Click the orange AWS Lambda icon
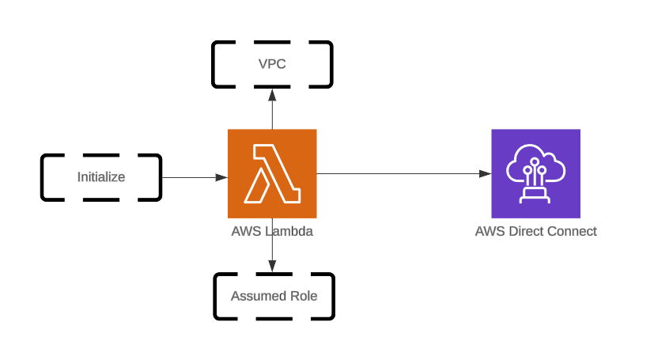point(272,173)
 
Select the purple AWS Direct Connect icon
point(535,173)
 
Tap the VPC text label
point(272,64)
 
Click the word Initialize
point(101,176)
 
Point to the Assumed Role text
point(274,296)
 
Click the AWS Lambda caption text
point(272,231)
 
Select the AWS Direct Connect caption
point(535,231)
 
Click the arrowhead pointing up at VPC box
point(272,93)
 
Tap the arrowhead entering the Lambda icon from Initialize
point(222,177)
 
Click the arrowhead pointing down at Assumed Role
point(272,267)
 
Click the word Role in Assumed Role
point(303,296)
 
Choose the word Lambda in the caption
point(289,231)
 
